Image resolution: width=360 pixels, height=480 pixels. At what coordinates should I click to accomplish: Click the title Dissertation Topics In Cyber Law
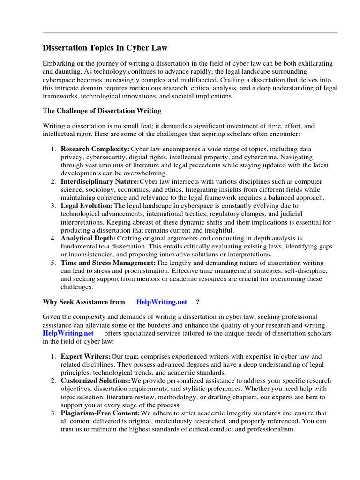(105, 48)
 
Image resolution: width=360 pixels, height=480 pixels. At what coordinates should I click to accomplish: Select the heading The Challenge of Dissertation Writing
(102, 111)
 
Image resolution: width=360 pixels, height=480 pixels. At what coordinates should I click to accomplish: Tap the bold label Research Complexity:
(95, 149)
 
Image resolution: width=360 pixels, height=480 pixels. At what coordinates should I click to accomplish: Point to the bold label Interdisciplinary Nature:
(100, 181)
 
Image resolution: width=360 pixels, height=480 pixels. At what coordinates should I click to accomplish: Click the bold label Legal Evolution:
(87, 206)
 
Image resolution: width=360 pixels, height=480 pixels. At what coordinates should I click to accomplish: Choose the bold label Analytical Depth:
(89, 238)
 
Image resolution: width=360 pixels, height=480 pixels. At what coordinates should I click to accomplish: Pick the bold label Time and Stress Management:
(108, 263)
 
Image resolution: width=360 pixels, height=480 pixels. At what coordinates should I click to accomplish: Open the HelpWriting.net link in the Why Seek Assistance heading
(162, 302)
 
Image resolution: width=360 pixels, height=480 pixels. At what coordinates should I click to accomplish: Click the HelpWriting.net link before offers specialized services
(68, 333)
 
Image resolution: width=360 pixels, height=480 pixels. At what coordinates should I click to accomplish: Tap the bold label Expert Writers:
(86, 357)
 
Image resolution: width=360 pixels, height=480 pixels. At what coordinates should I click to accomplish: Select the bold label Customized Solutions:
(96, 381)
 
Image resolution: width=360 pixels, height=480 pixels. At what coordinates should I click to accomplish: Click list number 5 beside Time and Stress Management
(53, 263)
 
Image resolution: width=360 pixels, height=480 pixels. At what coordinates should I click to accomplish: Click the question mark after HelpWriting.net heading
(197, 302)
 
